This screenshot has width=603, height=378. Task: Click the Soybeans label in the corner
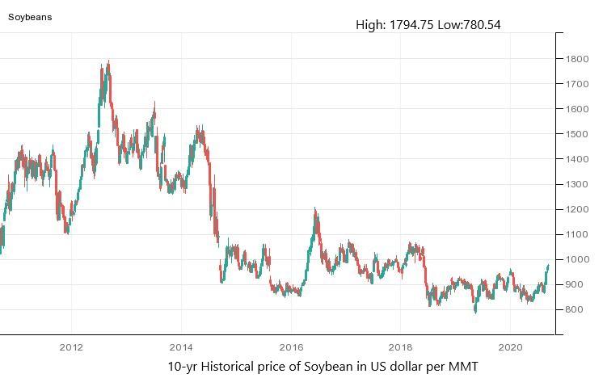(x=30, y=16)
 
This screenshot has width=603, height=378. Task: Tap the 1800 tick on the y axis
(x=576, y=59)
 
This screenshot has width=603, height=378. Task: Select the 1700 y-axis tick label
(x=576, y=84)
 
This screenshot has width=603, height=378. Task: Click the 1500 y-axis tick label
(x=576, y=134)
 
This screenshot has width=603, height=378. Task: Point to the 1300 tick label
(x=576, y=184)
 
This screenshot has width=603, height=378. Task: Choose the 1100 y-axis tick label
(x=576, y=234)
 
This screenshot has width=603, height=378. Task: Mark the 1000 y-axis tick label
(x=576, y=259)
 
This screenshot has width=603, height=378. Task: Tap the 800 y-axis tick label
(x=576, y=309)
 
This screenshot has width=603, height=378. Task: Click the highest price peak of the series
(x=108, y=61)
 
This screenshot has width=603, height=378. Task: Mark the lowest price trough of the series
(x=475, y=313)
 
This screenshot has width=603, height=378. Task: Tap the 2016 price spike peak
(x=315, y=209)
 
